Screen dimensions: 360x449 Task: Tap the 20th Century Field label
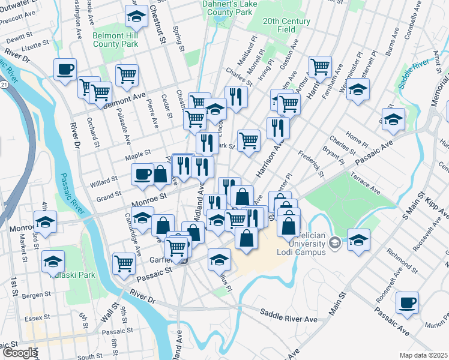(x=287, y=25)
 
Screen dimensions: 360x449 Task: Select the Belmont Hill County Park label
(x=115, y=40)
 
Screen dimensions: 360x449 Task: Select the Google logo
(x=19, y=353)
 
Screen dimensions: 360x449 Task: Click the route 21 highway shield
(x=4, y=85)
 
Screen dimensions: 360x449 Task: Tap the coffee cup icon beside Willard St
(x=142, y=174)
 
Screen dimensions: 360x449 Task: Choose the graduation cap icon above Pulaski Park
(x=53, y=260)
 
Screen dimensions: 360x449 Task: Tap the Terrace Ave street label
(x=366, y=182)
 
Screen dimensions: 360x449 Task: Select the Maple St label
(x=137, y=157)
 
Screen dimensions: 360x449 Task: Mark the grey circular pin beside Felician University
(x=334, y=242)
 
